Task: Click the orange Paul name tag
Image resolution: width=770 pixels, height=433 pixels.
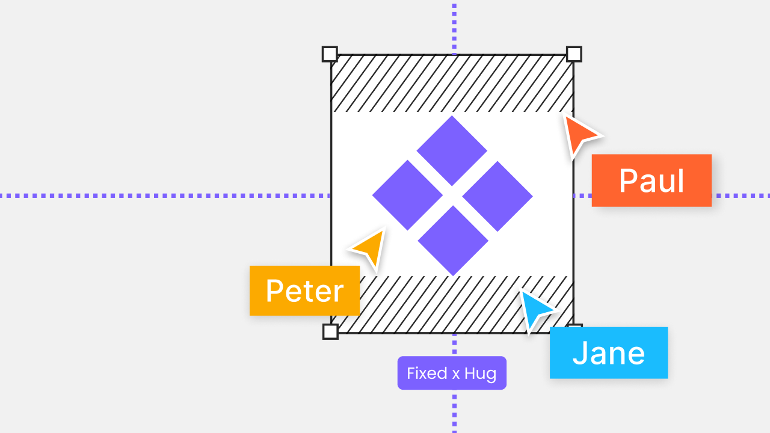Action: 651,180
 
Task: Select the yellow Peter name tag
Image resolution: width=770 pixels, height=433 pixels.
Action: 304,290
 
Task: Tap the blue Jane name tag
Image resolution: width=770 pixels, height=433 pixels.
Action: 608,352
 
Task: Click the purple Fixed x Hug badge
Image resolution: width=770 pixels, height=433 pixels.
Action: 452,373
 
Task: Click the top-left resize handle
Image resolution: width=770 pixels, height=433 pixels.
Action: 330,54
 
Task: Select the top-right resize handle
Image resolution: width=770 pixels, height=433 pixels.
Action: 574,54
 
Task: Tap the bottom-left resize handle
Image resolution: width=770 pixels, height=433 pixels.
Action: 330,331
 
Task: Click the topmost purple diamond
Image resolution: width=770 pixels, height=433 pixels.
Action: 452,150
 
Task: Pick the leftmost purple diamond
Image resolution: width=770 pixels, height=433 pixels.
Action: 407,195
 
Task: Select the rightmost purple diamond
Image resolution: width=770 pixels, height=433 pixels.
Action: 497,196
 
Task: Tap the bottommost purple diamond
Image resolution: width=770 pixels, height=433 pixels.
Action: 452,241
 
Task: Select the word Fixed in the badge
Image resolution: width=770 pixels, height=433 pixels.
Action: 427,373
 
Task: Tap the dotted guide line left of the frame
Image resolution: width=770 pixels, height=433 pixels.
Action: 162,195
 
